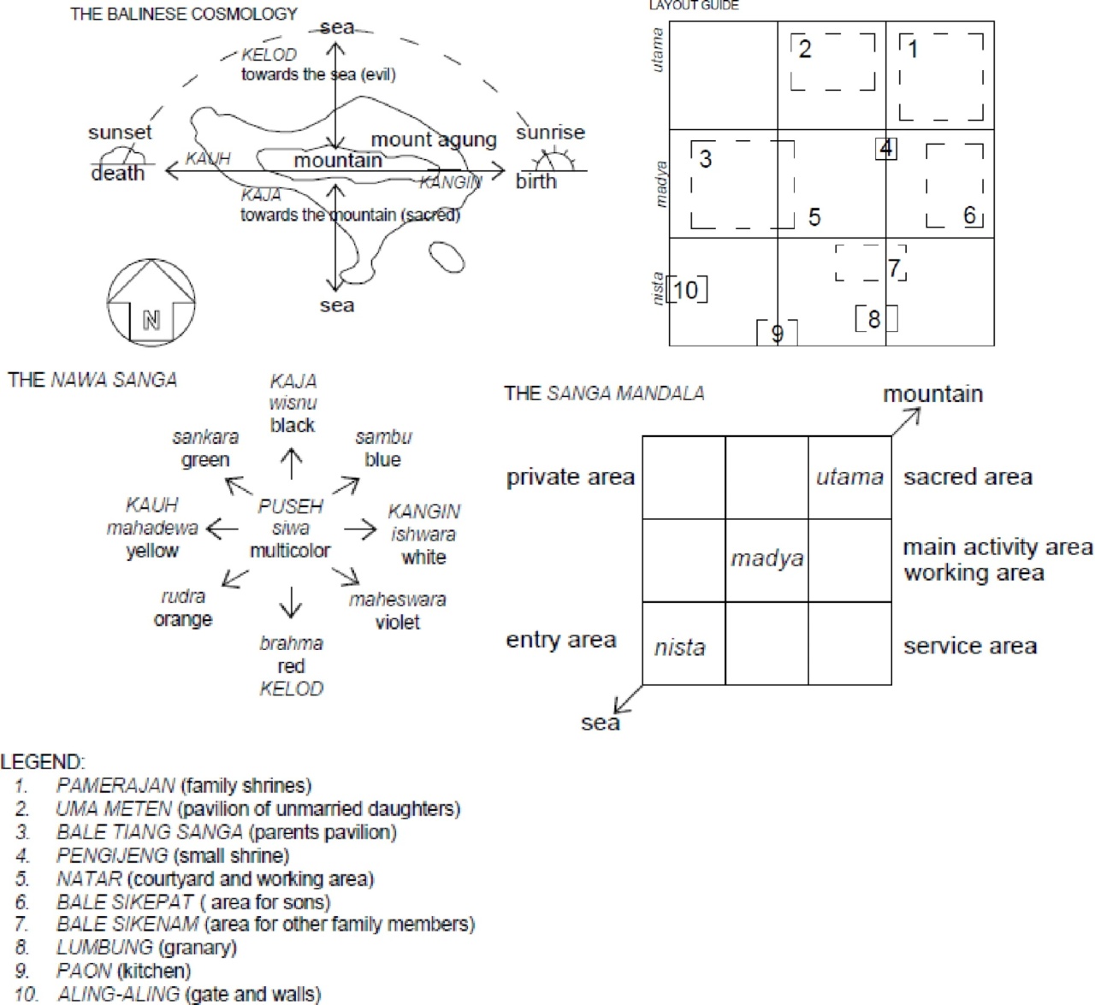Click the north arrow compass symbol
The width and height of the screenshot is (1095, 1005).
151,304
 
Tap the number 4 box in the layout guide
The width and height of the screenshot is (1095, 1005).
886,149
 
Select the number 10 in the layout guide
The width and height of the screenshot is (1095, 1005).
686,291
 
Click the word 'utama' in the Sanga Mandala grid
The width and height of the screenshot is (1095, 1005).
849,477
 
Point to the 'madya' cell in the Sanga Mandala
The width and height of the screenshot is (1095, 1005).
767,559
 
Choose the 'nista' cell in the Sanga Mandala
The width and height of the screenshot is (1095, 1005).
680,648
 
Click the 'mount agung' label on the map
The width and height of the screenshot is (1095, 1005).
434,140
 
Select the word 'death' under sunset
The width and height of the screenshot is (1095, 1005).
118,174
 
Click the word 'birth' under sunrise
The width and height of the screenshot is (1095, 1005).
536,181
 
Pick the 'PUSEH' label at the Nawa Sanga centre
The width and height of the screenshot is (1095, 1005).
291,506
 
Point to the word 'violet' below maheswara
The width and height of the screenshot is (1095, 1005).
398,623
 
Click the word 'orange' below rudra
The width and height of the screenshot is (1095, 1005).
183,619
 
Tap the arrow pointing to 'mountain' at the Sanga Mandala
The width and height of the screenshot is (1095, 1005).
907,421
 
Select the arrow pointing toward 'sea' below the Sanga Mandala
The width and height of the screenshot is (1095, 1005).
628,699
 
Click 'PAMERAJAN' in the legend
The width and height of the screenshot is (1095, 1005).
115,785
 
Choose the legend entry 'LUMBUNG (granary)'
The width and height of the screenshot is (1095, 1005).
146,948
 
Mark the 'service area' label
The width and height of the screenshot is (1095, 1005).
970,647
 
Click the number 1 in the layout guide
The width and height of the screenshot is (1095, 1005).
913,50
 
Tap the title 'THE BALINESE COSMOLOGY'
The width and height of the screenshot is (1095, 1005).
184,15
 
